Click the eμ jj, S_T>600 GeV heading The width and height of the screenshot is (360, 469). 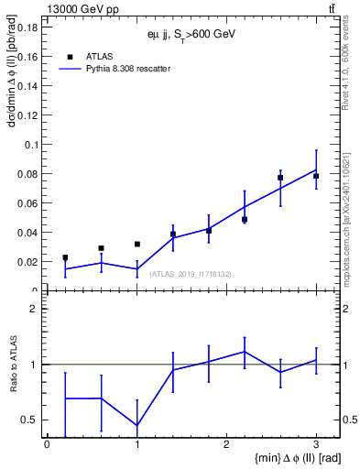pos(191,34)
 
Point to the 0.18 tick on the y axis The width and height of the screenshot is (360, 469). pos(26,27)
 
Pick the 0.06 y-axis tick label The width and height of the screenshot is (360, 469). pos(26,203)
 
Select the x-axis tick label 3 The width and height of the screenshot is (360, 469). pos(316,444)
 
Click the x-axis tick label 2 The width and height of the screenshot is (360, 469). pos(226,444)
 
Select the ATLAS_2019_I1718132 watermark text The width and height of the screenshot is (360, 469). pos(191,274)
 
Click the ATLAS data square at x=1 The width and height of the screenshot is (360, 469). pos(136,245)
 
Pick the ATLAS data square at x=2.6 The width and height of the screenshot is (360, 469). pos(280,178)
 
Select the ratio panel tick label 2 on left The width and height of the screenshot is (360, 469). pos(34,309)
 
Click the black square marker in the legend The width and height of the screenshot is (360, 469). pos(69,56)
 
